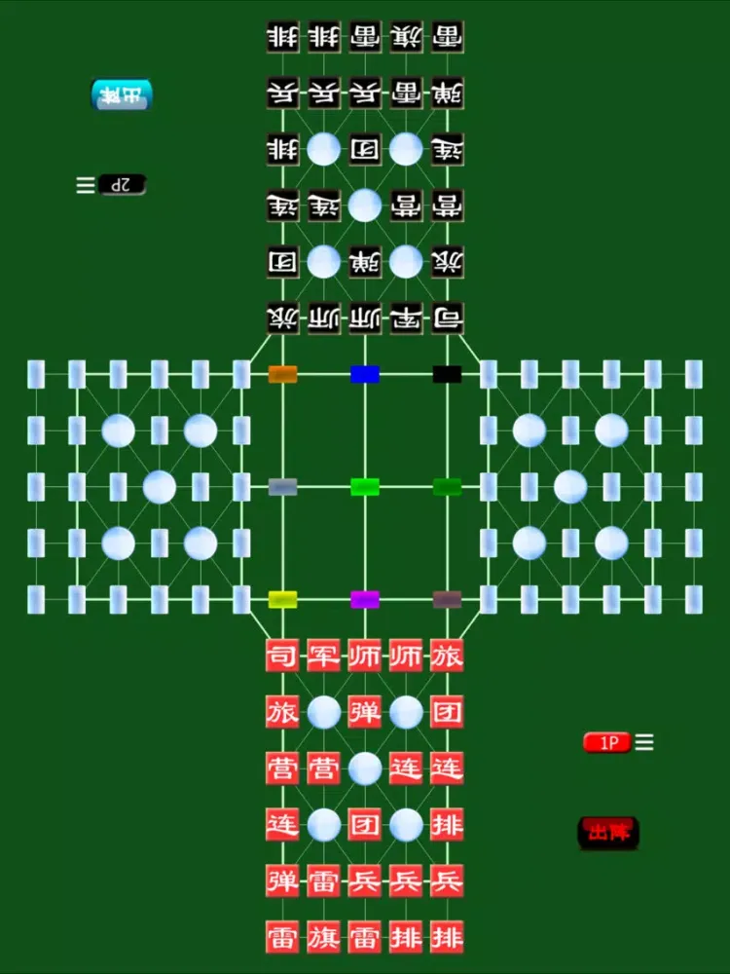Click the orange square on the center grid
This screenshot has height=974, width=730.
(x=282, y=374)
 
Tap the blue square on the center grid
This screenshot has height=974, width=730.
(x=365, y=374)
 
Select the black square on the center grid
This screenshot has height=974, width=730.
(x=447, y=374)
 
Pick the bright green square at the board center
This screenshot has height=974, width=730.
(x=365, y=487)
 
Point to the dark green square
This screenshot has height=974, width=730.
(x=447, y=487)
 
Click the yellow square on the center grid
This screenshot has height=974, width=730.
(x=282, y=599)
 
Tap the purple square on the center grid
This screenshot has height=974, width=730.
(x=365, y=599)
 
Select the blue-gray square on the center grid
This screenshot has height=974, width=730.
(x=282, y=487)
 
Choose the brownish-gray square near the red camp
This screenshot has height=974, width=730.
(x=447, y=599)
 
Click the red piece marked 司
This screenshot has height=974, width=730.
(x=282, y=656)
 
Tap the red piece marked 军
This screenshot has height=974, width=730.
(x=324, y=656)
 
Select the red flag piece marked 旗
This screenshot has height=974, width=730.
(x=324, y=937)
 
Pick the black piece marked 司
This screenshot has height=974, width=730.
(x=447, y=318)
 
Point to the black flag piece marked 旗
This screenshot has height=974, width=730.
(x=406, y=37)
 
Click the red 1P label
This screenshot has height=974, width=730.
(x=608, y=742)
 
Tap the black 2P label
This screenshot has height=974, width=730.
(x=122, y=184)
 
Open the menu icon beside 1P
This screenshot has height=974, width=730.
(x=644, y=742)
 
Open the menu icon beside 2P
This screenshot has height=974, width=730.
(x=86, y=184)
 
